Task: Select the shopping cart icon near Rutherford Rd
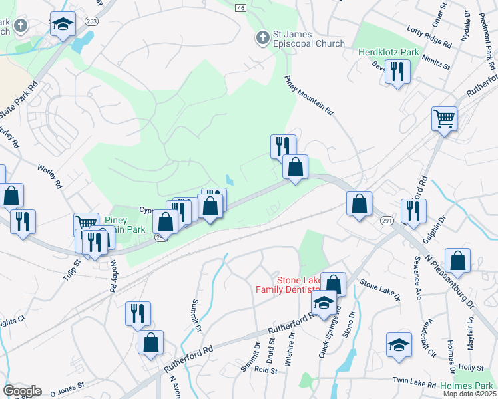444,119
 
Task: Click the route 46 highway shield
240,7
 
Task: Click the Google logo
22,391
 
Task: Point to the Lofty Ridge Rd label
429,36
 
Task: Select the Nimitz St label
436,63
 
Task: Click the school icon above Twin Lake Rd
399,344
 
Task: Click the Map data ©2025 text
469,394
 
